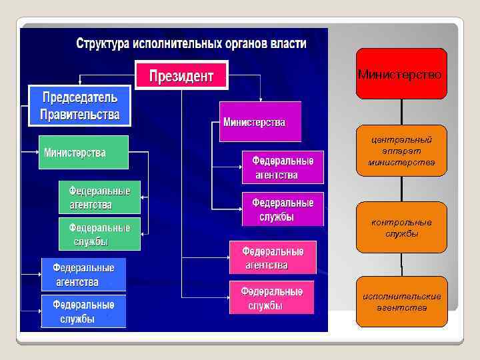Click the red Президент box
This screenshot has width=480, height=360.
click(x=182, y=75)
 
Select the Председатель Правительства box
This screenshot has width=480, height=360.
click(x=79, y=105)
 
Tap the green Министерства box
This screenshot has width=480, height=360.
click(x=83, y=153)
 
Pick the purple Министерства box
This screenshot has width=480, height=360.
click(x=260, y=121)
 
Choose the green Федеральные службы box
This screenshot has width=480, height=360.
click(x=99, y=233)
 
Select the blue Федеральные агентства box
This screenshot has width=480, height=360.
click(x=83, y=275)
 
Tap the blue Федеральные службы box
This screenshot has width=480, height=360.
click(x=83, y=311)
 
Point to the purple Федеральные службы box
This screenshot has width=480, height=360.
click(x=283, y=209)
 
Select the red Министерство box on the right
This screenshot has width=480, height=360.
click(x=401, y=74)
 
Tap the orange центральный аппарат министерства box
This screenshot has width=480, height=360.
click(x=401, y=151)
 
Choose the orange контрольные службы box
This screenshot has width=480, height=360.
click(x=401, y=227)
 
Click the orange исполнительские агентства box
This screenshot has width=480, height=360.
click(x=401, y=301)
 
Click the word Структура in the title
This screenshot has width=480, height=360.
click(x=103, y=45)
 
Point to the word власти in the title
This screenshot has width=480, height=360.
click(x=289, y=45)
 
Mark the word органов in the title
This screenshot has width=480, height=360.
click(x=239, y=45)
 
